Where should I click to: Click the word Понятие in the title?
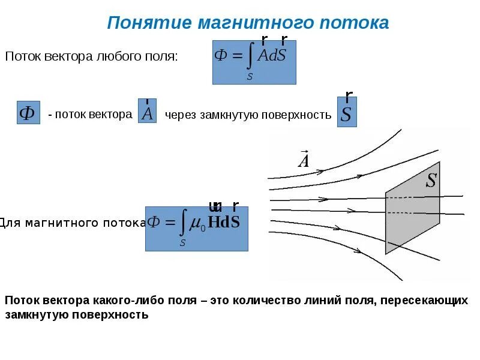point(146,23)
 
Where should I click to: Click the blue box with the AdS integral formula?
point(254,62)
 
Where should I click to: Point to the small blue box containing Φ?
point(28,113)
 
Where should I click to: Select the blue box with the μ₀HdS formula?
point(196,228)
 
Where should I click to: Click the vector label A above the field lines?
point(304,160)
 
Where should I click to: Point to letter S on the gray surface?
point(431,181)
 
